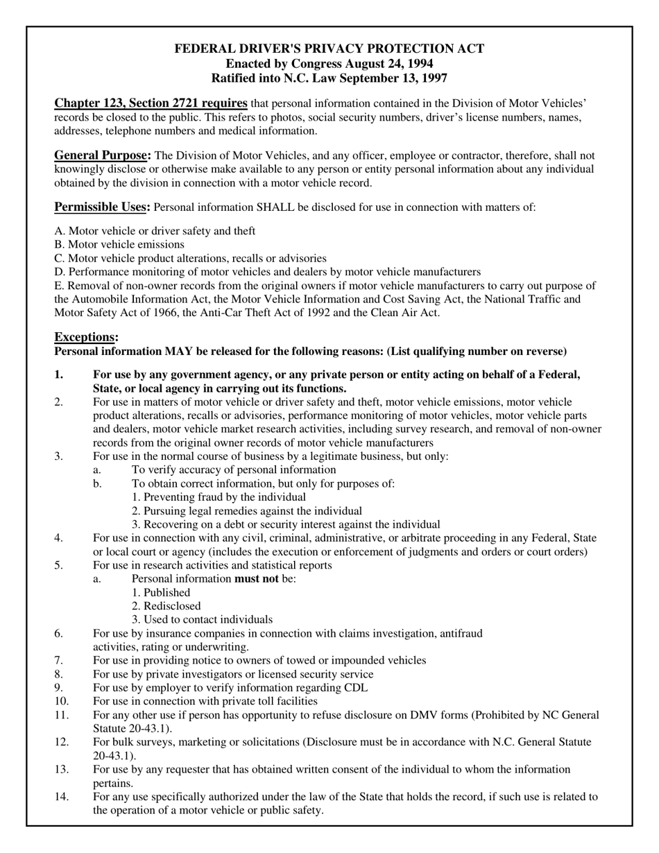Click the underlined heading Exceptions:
(86, 337)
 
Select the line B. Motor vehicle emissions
(119, 244)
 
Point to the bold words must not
(257, 578)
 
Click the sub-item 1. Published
(161, 592)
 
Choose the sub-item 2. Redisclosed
(166, 606)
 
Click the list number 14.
(62, 797)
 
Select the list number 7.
(58, 660)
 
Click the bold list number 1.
(59, 375)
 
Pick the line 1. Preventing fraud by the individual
(219, 497)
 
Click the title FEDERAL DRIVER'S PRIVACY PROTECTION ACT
(329, 49)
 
